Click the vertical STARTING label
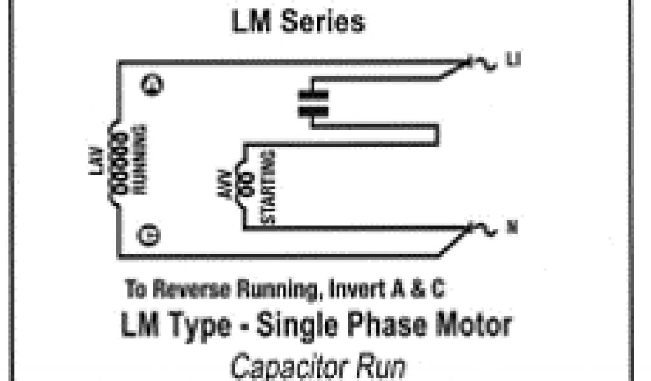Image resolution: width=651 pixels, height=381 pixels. coord(268,187)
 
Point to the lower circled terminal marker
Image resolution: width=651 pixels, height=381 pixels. coord(152,235)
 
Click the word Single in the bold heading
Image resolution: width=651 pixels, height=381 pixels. coord(295,326)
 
